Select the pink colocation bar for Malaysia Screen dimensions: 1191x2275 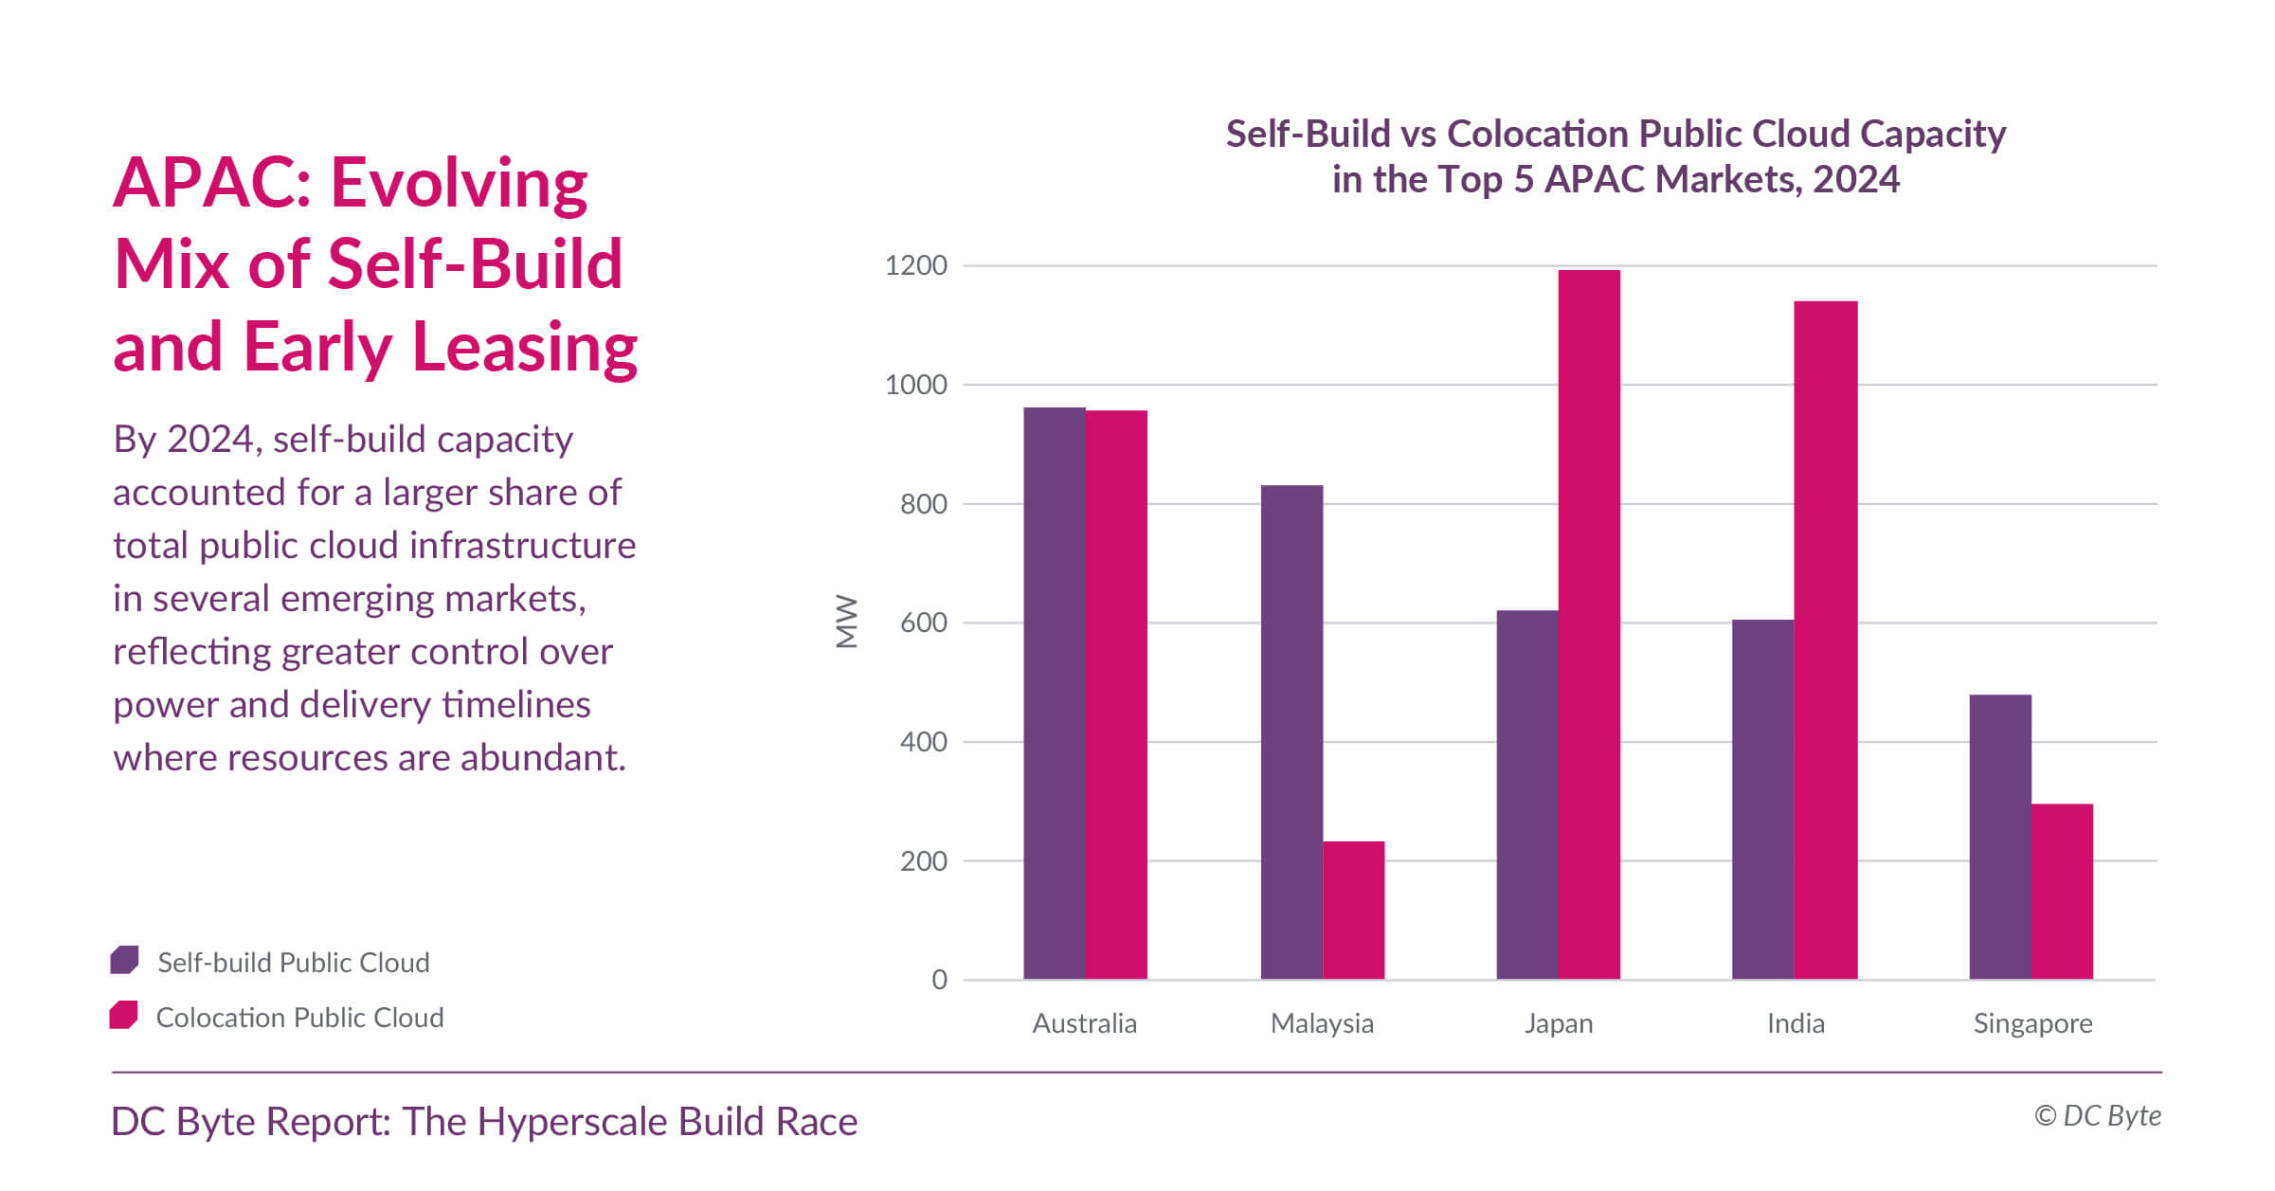(1353, 910)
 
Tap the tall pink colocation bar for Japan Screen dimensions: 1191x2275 (1589, 624)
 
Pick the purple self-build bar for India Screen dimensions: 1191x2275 (1762, 799)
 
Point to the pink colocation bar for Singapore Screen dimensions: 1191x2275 (2062, 892)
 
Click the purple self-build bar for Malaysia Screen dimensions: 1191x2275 (1291, 732)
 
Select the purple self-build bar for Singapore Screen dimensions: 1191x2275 (1999, 837)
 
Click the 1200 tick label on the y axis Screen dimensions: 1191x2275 (915, 265)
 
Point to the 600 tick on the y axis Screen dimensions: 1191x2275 (923, 623)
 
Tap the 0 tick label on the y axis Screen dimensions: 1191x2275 (939, 980)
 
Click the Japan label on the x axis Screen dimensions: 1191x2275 (1559, 1023)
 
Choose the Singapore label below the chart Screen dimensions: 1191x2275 (2032, 1023)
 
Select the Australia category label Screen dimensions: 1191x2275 (1084, 1023)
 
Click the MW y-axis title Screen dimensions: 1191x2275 (846, 622)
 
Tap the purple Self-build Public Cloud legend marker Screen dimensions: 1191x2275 (124, 960)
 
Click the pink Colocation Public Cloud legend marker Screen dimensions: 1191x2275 (123, 1015)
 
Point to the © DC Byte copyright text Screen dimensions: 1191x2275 (2097, 1115)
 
